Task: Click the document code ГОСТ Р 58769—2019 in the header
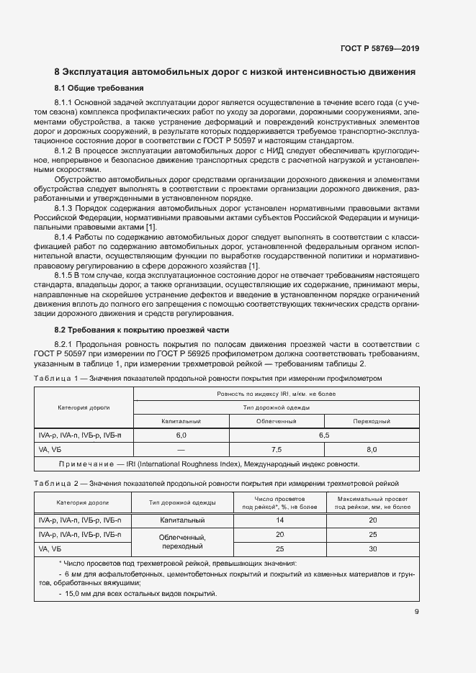380,49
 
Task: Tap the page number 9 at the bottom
417,613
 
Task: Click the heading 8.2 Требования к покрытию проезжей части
142,330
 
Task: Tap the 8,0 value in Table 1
372,448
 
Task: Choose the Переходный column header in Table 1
372,421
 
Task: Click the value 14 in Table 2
280,520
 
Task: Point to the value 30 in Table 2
372,548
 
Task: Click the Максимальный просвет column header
372,502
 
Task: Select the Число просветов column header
280,502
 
